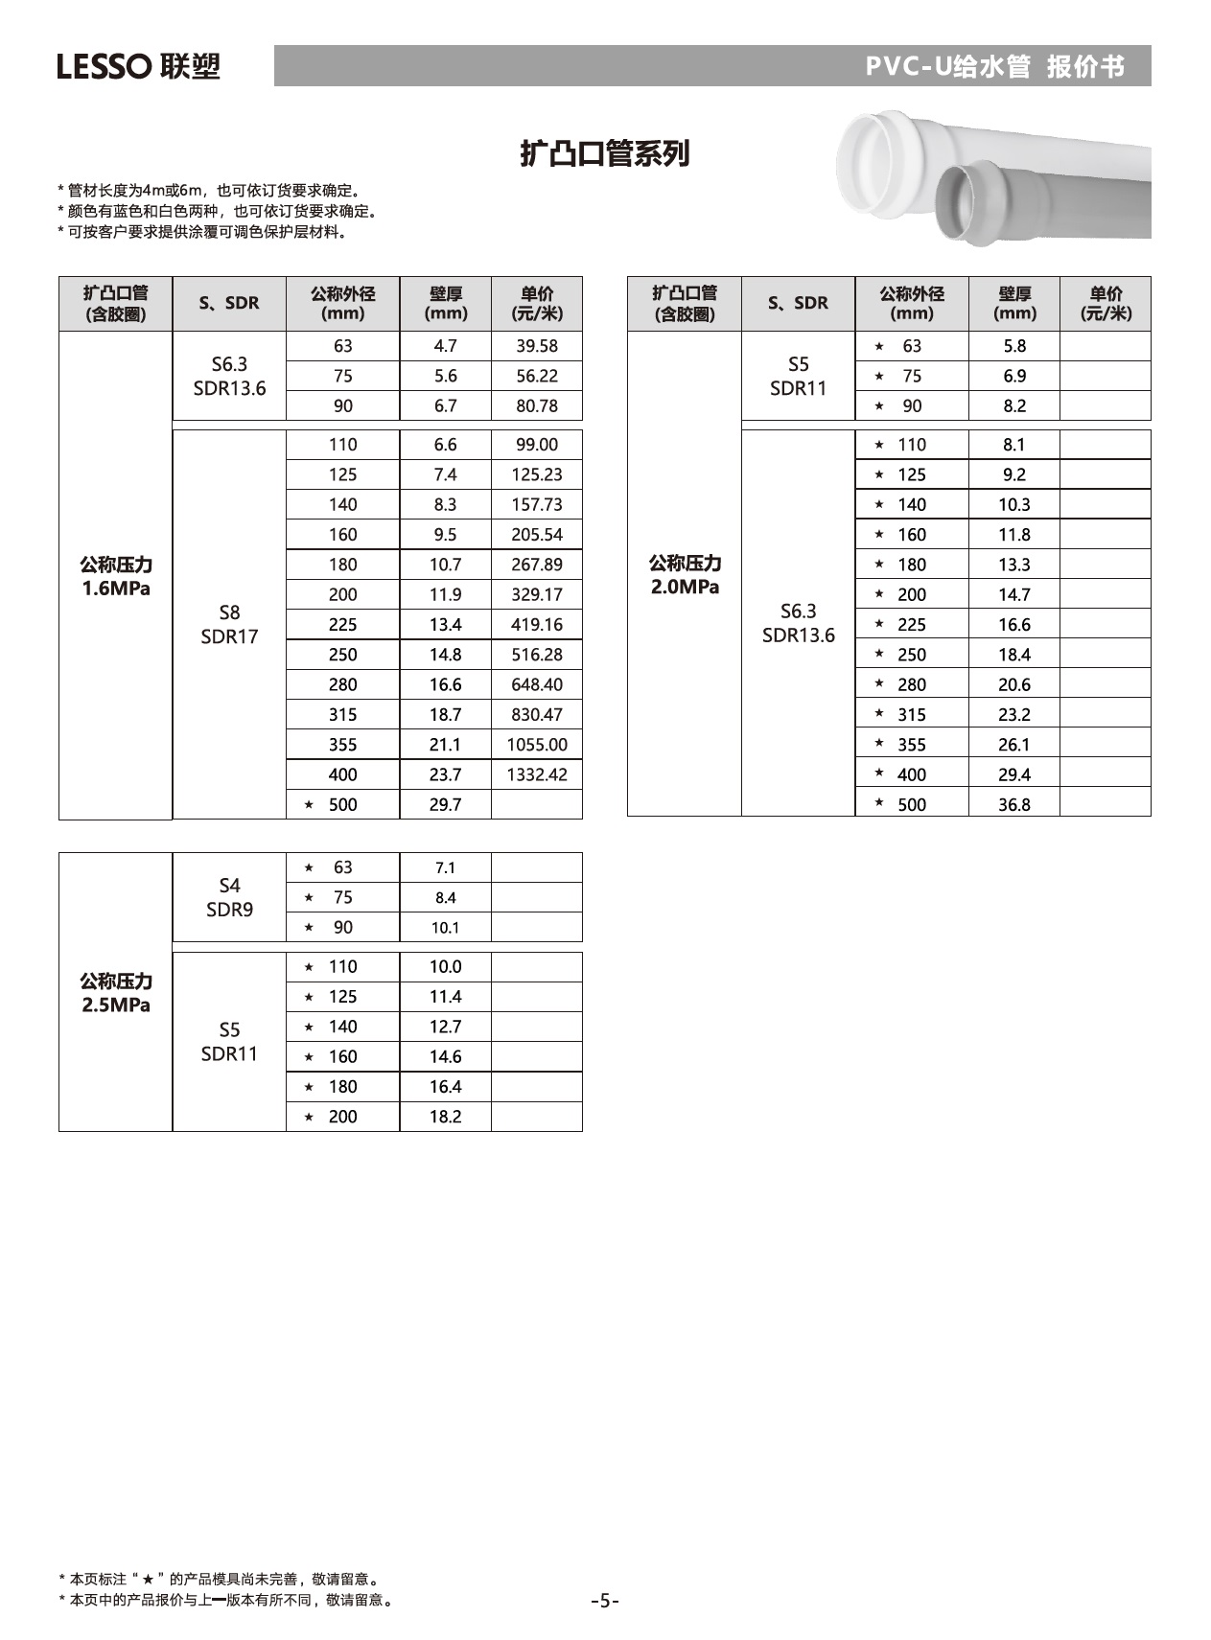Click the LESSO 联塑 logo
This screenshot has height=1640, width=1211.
(x=138, y=66)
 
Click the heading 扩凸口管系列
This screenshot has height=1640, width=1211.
(x=604, y=153)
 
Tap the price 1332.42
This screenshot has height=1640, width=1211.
(x=537, y=774)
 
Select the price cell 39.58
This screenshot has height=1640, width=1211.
(x=537, y=346)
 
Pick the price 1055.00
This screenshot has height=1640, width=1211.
(x=537, y=745)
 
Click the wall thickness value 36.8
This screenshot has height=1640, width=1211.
(x=1013, y=805)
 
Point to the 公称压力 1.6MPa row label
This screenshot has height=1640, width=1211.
(x=116, y=576)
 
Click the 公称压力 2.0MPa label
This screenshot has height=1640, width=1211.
(x=685, y=575)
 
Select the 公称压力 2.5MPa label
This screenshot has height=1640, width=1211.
(x=116, y=993)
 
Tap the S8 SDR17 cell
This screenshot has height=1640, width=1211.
(x=229, y=624)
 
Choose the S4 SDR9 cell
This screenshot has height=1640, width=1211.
(x=229, y=897)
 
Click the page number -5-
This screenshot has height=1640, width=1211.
(x=605, y=1601)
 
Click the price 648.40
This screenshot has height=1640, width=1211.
(x=537, y=684)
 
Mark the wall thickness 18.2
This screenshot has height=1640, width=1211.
(x=445, y=1117)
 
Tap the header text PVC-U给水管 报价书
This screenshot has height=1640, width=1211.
(x=994, y=66)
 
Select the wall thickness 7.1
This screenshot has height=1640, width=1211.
(x=445, y=867)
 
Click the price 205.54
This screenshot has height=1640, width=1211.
(x=537, y=535)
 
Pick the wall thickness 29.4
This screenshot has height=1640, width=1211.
(x=1013, y=774)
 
